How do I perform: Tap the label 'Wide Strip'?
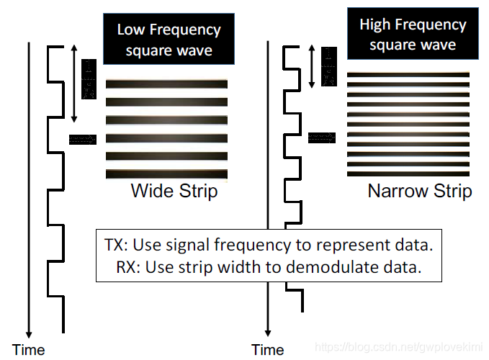174,192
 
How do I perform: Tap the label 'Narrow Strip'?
419,192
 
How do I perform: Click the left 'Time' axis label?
28,351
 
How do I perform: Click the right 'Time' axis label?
268,351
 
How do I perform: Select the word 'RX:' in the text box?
130,268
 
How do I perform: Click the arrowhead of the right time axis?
268,333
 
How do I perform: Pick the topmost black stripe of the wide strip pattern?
166,84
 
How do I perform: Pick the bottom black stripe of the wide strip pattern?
166,174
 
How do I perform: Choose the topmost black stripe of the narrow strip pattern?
408,74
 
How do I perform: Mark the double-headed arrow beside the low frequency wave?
73,84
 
